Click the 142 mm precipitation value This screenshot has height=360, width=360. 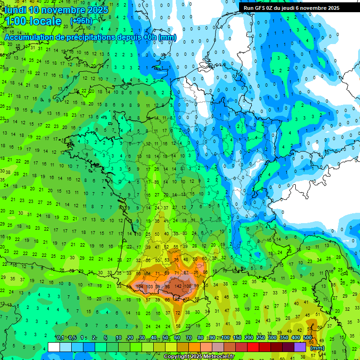click(178, 286)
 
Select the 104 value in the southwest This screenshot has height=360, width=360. click(139, 286)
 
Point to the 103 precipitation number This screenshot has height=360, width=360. click(150, 286)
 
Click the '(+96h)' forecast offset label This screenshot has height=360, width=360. click(81, 21)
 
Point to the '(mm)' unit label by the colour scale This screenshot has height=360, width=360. click(317, 348)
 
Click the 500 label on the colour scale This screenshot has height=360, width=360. click(307, 337)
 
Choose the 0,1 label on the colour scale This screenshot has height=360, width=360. click(60, 337)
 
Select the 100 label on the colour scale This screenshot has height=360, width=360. click(225, 337)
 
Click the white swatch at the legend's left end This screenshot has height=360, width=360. click(54, 347)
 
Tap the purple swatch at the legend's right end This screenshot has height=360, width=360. click(300, 347)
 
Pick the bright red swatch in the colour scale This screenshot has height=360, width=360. click(253, 347)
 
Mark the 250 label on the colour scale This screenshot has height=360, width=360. click(260, 337)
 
